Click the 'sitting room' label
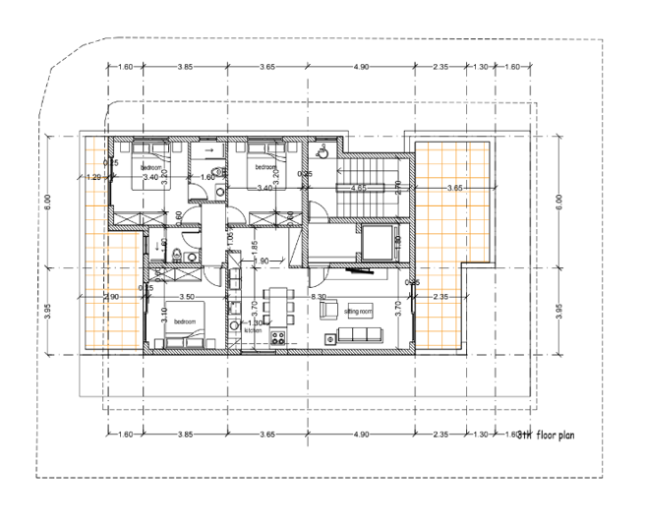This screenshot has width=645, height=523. (360, 311)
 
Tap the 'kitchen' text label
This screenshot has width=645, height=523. (254, 329)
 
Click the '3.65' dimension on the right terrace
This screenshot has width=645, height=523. (454, 187)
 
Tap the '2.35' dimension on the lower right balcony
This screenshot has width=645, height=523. (440, 296)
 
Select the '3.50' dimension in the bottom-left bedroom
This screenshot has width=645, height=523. (187, 296)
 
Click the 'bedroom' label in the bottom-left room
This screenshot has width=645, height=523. (187, 321)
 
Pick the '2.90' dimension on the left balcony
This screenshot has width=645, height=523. (112, 296)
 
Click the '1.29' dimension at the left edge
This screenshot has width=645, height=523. (93, 177)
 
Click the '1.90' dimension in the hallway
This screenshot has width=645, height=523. (262, 261)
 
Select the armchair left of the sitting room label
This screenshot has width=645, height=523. (328, 310)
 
